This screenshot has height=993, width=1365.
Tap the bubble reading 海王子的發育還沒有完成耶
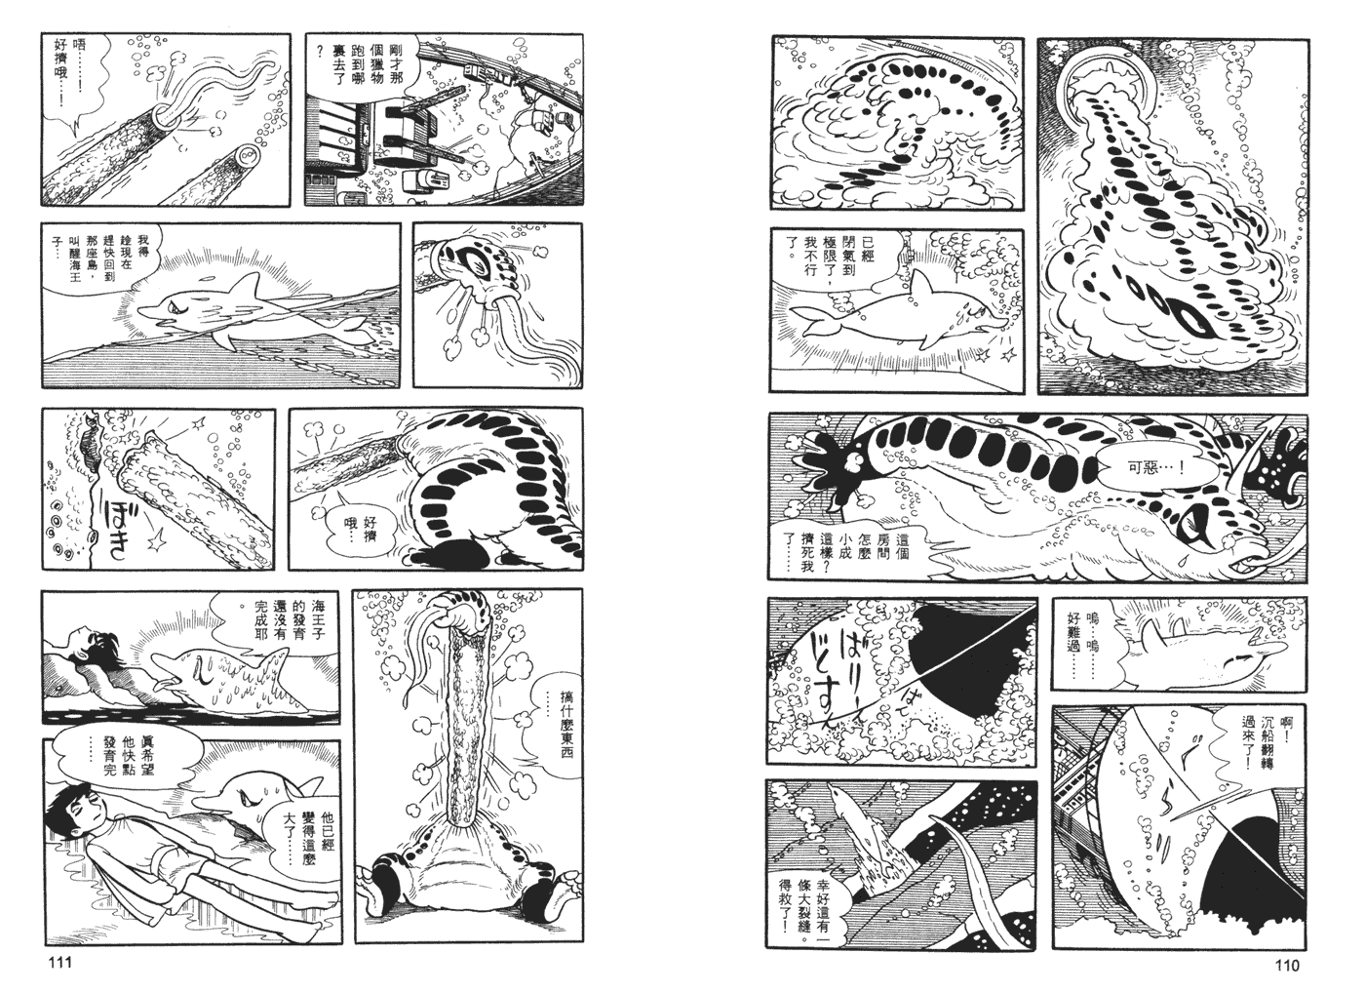coord(261,624)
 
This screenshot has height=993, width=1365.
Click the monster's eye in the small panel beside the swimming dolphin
coord(482,261)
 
